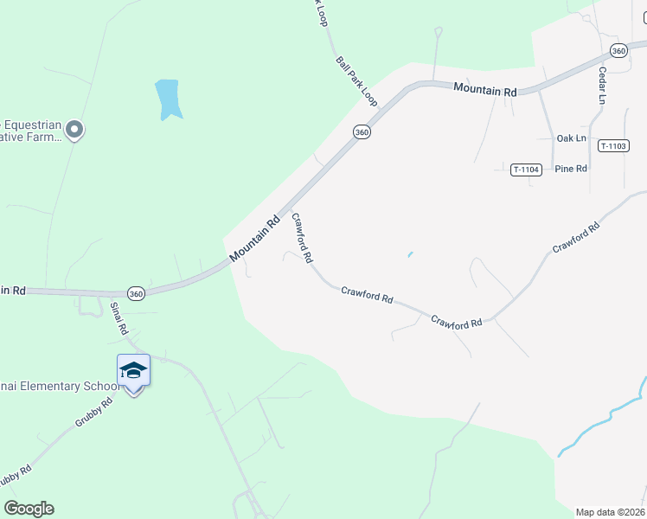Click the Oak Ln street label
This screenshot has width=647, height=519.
[571, 138]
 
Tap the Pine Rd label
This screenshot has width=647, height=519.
[571, 169]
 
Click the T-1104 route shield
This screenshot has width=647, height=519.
[526, 170]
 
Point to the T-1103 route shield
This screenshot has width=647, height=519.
[612, 146]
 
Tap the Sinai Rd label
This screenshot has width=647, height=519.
[119, 317]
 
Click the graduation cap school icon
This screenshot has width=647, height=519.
[133, 370]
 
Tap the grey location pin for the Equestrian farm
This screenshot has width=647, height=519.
[74, 131]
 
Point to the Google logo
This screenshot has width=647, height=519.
[29, 509]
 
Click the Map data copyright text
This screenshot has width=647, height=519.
[610, 512]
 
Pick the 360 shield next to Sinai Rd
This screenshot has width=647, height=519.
[135, 293]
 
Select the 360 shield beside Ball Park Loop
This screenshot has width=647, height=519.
[362, 131]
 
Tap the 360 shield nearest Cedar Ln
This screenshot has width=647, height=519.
[618, 51]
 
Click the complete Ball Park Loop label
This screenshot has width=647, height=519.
[356, 82]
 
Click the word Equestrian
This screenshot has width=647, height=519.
[31, 125]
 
